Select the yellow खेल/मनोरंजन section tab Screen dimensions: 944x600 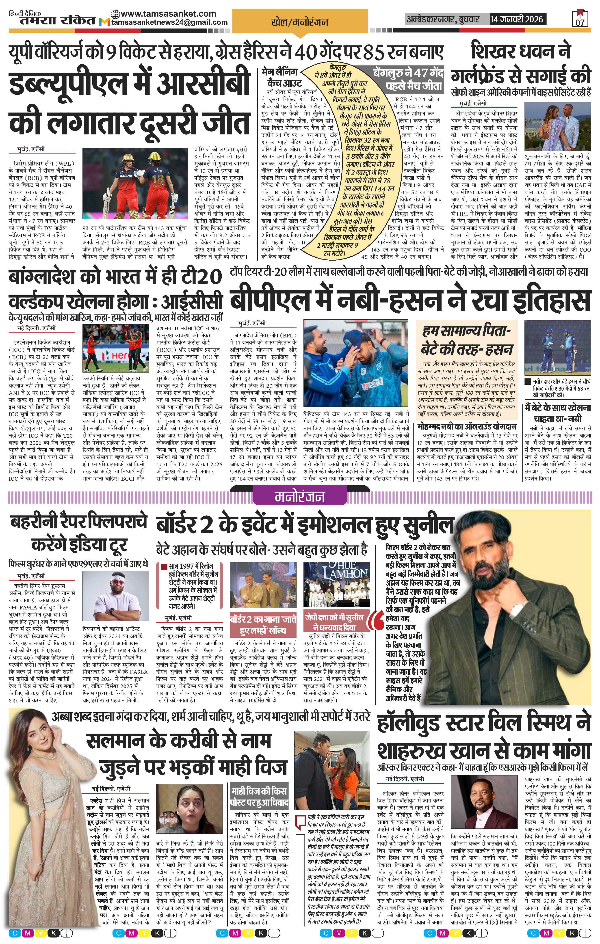(x=300, y=22)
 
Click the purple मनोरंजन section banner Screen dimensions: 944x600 (x=300, y=497)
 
